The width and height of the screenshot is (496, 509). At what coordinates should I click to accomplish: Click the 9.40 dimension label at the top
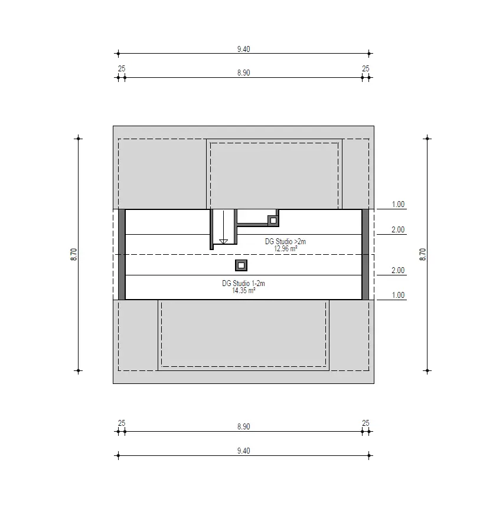click(x=243, y=49)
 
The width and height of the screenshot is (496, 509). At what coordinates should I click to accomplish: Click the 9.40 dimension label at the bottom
click(x=243, y=451)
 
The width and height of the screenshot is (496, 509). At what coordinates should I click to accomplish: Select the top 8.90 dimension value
click(x=243, y=73)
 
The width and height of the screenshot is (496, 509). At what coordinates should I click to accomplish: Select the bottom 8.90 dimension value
click(x=243, y=426)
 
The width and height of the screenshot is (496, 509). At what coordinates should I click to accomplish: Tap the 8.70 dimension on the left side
click(x=74, y=254)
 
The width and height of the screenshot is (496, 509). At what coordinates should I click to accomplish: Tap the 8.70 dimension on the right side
click(x=423, y=254)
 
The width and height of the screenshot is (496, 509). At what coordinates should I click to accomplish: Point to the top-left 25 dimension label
click(x=122, y=68)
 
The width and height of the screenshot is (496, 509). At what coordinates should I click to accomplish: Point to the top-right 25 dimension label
click(x=366, y=68)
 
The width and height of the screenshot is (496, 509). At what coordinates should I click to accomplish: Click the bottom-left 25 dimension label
click(x=122, y=423)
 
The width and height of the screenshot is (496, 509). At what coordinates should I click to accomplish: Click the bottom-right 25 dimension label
click(x=366, y=423)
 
